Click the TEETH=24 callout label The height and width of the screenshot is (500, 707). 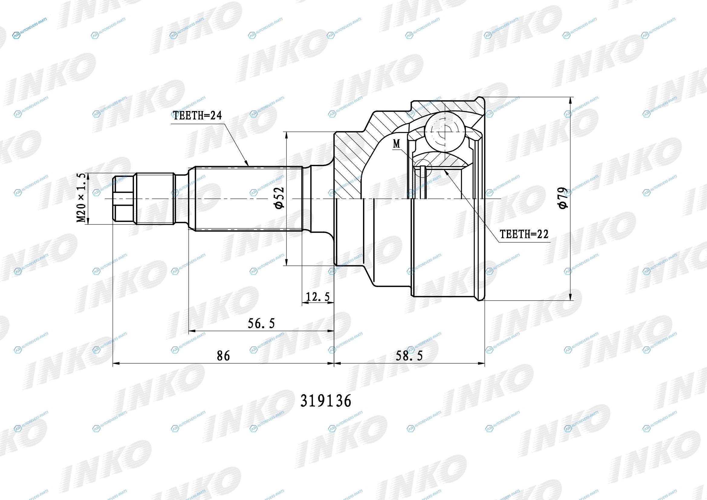click(197, 116)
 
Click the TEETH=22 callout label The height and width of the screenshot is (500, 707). click(524, 234)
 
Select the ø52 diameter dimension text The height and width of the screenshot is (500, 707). click(279, 198)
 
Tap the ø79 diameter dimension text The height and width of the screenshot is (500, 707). click(563, 198)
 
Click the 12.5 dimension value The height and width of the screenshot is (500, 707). click(318, 297)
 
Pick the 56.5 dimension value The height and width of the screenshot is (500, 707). click(261, 323)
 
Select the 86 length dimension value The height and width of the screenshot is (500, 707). click(223, 356)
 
